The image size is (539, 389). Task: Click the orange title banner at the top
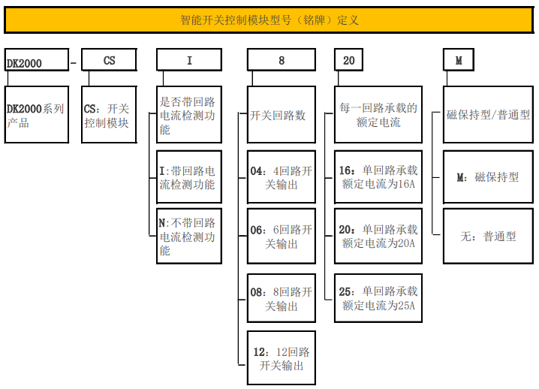coord(269,20)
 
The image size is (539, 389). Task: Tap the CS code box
coord(109,60)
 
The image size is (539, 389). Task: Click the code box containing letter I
coord(189,60)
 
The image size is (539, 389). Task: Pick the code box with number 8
coord(282,60)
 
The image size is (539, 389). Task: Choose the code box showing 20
coord(349,60)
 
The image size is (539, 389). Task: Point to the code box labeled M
coord(459,60)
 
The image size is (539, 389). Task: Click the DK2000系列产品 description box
coord(36,115)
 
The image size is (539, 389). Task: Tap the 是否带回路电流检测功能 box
coord(189,114)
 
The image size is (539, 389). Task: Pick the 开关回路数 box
coord(282,115)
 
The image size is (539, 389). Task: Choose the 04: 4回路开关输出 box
coord(282,176)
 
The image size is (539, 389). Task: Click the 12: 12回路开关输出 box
coord(282,358)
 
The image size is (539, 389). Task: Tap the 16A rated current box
coord(379,176)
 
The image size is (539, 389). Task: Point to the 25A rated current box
coord(379,298)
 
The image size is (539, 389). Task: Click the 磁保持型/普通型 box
coord(488,115)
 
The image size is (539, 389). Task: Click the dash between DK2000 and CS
coord(73,61)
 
